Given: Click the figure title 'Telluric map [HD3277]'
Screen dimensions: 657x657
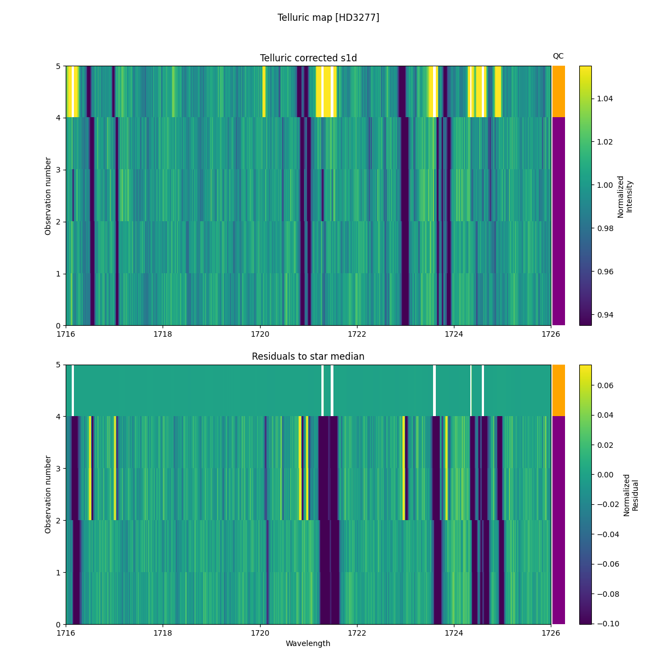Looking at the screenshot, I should pos(328,18).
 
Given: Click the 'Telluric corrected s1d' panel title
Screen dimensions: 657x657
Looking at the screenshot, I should pos(308,58).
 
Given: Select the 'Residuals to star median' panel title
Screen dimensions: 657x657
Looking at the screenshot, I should pos(308,356).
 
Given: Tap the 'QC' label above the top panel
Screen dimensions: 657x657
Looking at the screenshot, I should pos(558,56).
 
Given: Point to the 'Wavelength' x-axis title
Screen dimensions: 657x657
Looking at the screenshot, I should pos(308,643).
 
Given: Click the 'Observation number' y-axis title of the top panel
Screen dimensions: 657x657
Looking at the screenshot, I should pos(48,196).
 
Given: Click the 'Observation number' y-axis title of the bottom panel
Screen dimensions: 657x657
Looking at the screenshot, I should pos(48,494).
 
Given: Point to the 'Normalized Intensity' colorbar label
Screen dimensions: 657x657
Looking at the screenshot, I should pos(625,196).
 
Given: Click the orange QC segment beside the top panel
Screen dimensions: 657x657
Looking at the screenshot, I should pos(558,91).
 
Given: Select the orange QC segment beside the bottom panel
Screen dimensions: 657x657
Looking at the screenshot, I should pos(558,390).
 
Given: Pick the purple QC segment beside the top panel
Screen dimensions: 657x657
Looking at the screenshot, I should pos(558,221).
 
